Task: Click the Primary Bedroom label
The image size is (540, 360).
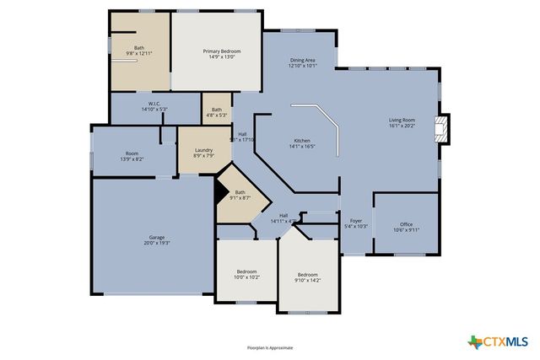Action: click(x=221, y=51)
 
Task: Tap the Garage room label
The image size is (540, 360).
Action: click(x=156, y=239)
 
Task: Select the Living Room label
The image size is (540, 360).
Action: click(x=402, y=121)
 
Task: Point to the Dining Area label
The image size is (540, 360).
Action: click(x=302, y=60)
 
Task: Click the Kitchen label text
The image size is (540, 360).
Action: click(x=302, y=140)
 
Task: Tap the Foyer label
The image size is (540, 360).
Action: click(x=357, y=221)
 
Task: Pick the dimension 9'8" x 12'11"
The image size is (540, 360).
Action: click(x=139, y=54)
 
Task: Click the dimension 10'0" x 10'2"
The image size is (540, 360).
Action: click(x=247, y=277)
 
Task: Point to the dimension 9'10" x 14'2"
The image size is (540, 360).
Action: click(x=307, y=280)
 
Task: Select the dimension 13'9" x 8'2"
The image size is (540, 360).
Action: click(x=132, y=159)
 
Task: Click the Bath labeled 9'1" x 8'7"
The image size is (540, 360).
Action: click(x=240, y=197)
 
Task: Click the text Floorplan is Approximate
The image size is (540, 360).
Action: click(x=270, y=347)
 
